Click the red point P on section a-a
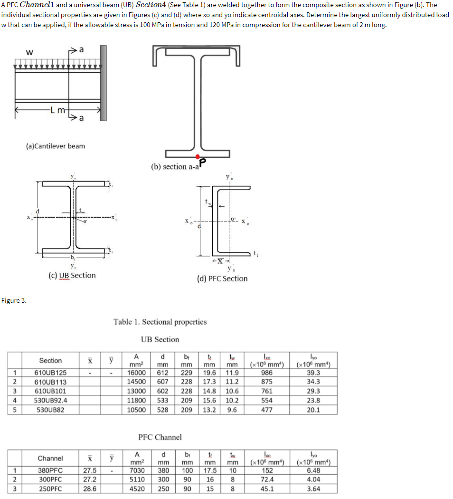point(198,157)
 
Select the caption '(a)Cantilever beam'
point(56,146)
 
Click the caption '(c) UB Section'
point(72,275)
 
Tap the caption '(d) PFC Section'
point(222,278)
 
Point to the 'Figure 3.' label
point(14,300)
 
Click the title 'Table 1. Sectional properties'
point(160,322)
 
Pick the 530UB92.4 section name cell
point(50,400)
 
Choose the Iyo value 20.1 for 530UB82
point(313,410)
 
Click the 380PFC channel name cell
point(50,470)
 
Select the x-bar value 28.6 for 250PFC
point(88,489)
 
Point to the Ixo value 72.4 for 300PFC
point(267,480)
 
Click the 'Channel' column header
point(50,458)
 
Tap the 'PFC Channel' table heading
point(160,437)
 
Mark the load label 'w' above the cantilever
point(29,53)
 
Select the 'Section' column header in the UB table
point(50,360)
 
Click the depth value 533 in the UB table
point(163,400)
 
